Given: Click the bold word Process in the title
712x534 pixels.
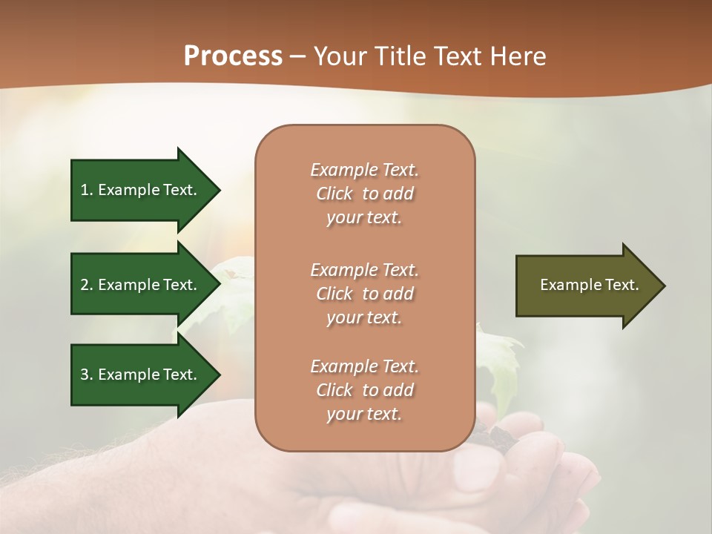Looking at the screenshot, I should pyautogui.click(x=233, y=56).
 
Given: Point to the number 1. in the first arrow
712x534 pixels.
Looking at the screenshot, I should pyautogui.click(x=87, y=190).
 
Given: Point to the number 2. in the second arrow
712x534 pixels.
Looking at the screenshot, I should pyautogui.click(x=87, y=285).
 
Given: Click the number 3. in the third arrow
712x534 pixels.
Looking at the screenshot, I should pyautogui.click(x=87, y=375).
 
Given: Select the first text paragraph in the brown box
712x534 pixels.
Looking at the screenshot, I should pyautogui.click(x=364, y=194).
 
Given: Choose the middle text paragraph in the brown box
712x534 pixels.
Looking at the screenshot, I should pyautogui.click(x=364, y=294).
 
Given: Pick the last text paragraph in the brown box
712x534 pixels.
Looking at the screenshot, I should pyautogui.click(x=364, y=390).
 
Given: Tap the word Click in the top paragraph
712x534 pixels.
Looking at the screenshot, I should pyautogui.click(x=334, y=194).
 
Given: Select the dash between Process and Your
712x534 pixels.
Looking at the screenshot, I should pyautogui.click(x=298, y=56).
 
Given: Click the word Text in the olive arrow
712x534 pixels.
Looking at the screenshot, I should pyautogui.click(x=622, y=285).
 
